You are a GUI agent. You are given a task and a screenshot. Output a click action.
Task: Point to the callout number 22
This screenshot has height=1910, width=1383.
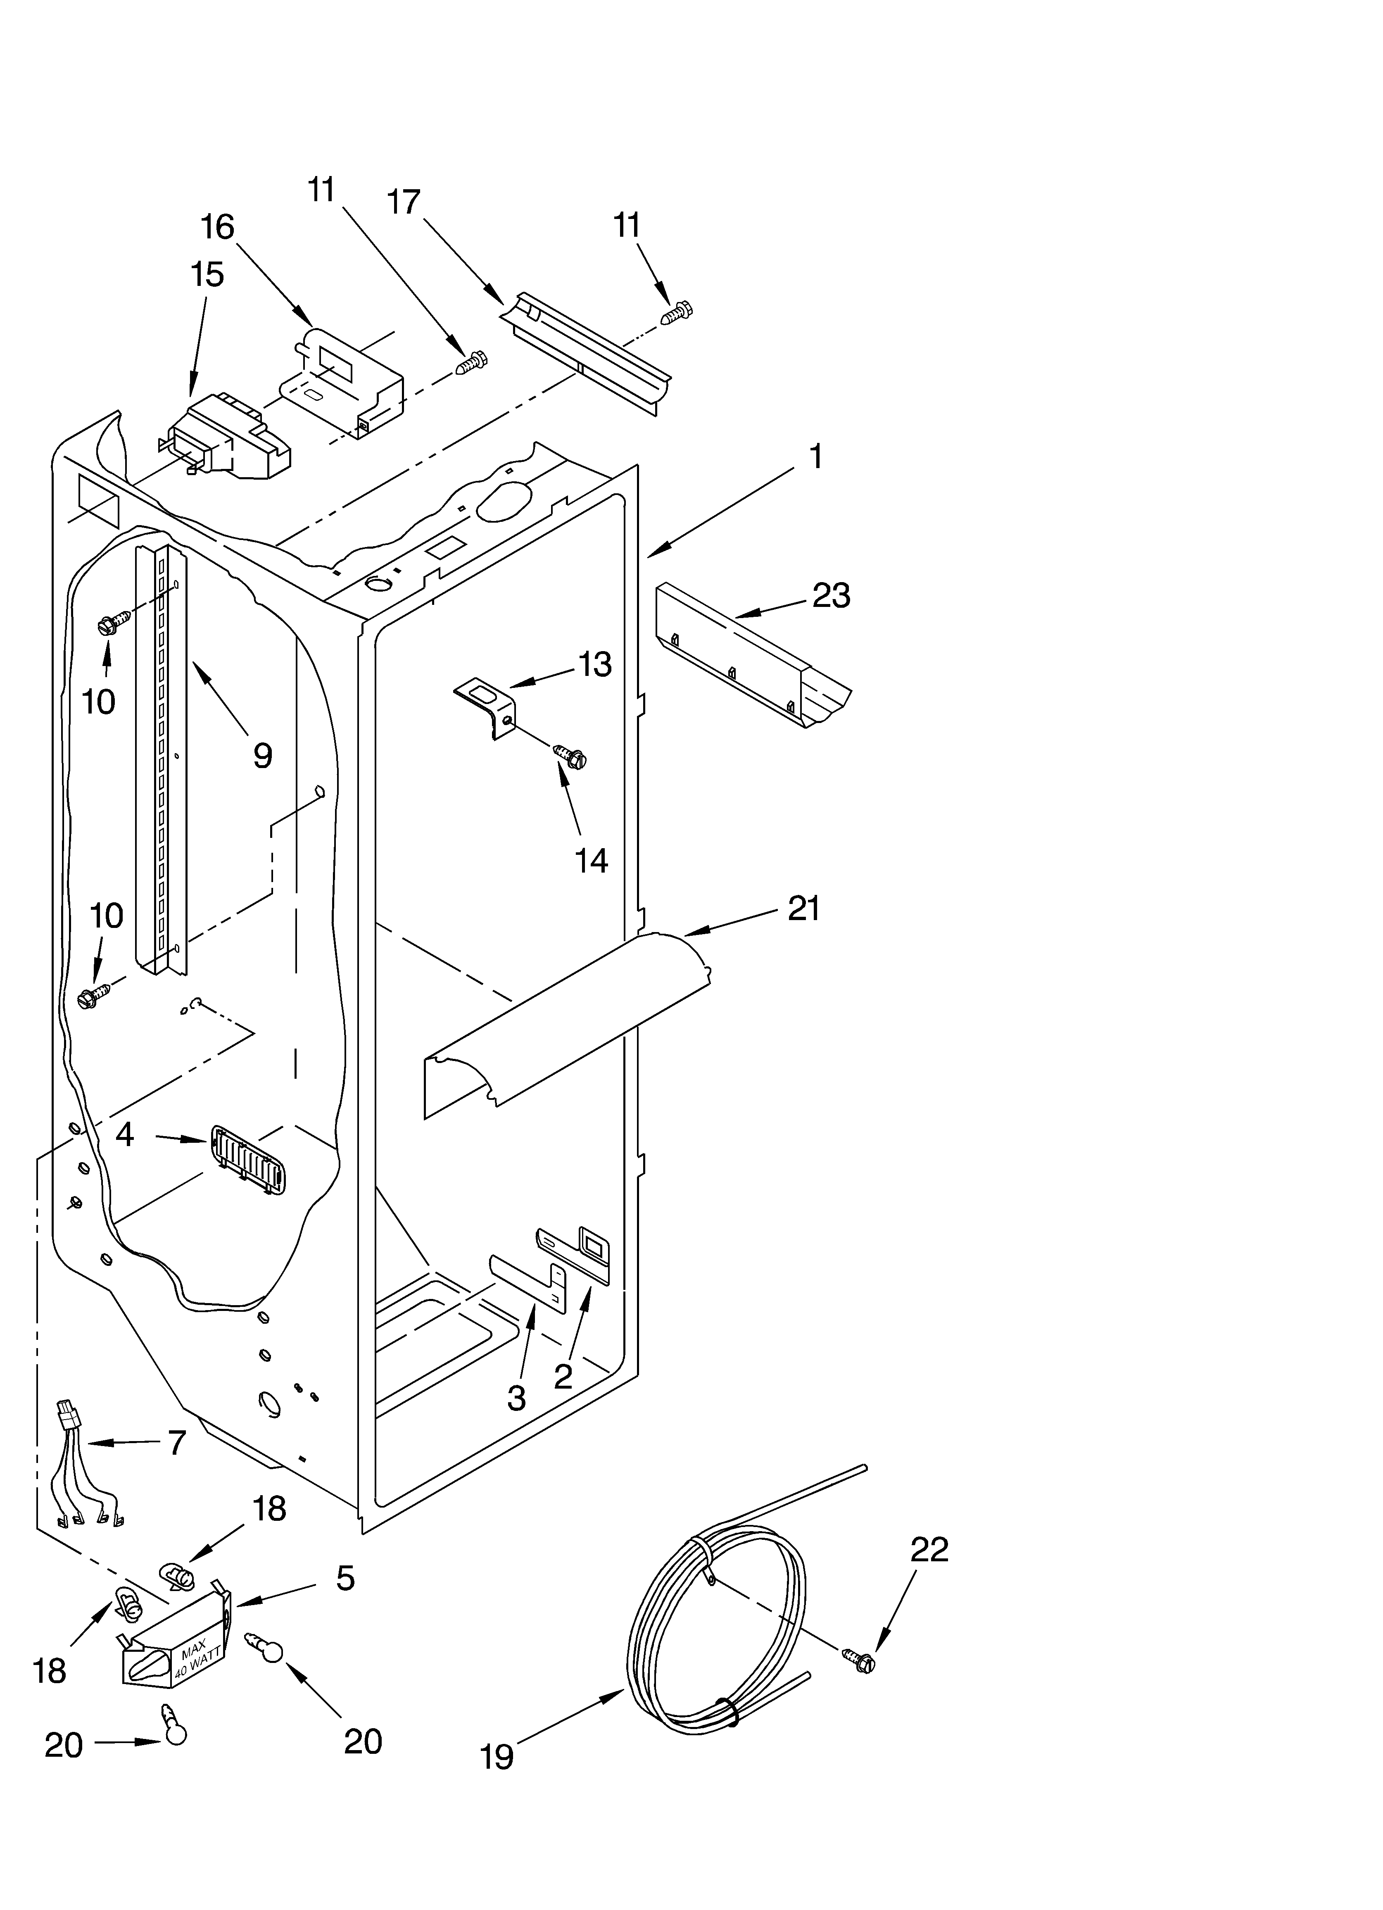(929, 1548)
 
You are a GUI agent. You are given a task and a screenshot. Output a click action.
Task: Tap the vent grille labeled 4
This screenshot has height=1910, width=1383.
(247, 1161)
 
